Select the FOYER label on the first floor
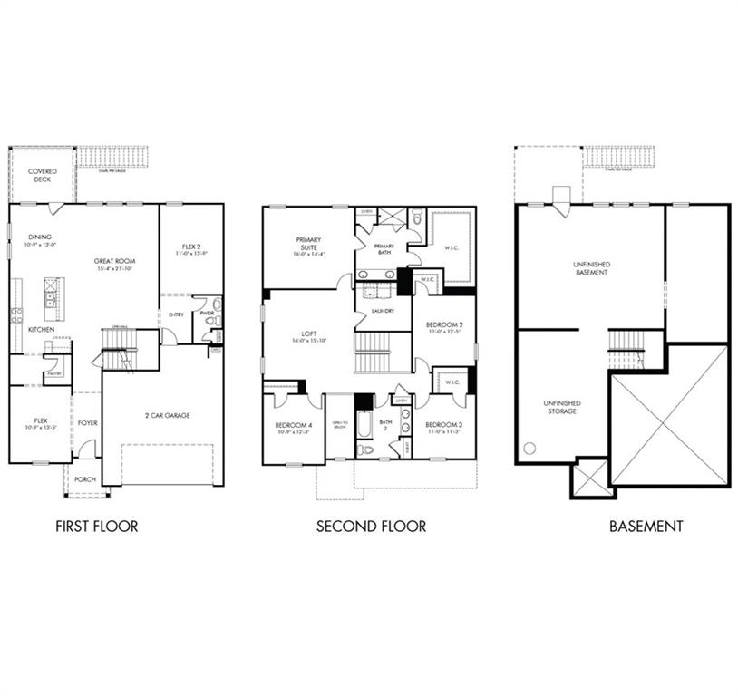87,422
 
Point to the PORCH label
85,479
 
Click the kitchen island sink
51,288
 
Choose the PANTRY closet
55,371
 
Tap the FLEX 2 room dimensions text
189,253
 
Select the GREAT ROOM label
114,261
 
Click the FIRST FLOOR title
97,526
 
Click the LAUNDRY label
383,311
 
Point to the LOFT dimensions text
309,340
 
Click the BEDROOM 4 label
294,424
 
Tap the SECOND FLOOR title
371,526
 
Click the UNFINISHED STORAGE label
562,407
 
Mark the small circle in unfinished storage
529,448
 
